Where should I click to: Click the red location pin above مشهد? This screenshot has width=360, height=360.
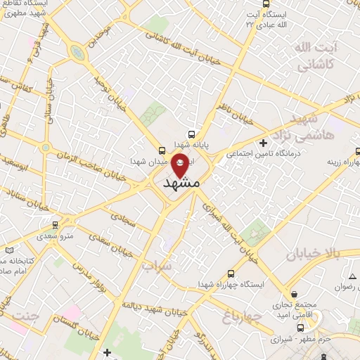[x=181, y=164]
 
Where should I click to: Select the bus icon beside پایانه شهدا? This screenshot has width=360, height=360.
[x=192, y=133]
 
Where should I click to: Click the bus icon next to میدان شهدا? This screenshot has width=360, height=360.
[x=162, y=150]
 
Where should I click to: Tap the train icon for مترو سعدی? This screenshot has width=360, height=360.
[x=56, y=226]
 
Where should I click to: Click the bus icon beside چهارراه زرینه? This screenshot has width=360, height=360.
[x=356, y=163]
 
